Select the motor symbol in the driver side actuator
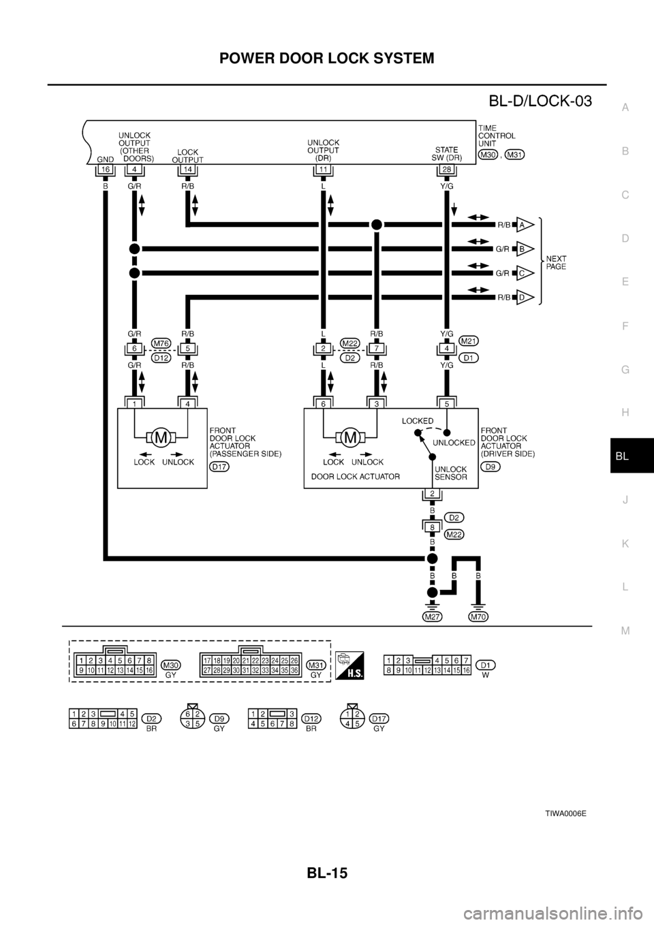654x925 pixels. tap(352, 437)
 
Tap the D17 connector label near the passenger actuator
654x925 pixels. tap(219, 467)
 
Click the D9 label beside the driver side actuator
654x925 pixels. tap(490, 467)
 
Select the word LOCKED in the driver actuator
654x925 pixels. tap(417, 421)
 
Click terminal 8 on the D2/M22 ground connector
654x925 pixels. tap(431, 527)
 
